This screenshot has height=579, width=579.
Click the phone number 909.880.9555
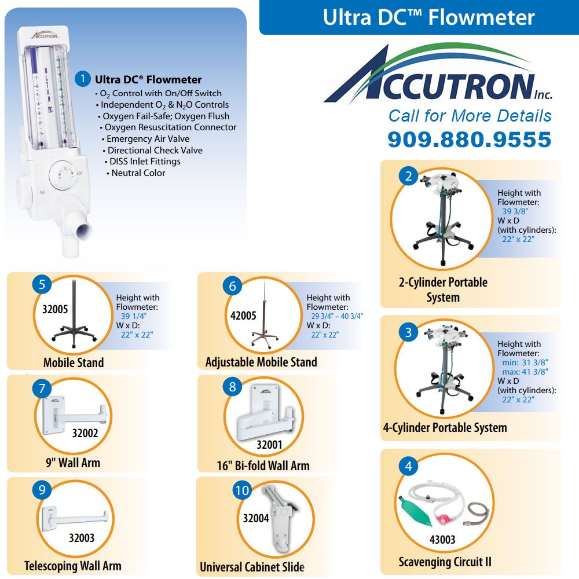[x=470, y=140]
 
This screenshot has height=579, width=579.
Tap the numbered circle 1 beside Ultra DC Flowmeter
[x=83, y=79]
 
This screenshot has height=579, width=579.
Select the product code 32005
[x=55, y=309]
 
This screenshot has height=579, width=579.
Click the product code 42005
[x=243, y=316]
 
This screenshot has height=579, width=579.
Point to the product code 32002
[x=85, y=433]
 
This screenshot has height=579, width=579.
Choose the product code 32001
[x=270, y=445]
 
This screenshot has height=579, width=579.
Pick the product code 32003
[x=82, y=538]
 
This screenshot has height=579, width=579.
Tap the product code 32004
[x=256, y=518]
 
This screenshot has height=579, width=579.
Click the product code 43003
[x=442, y=540]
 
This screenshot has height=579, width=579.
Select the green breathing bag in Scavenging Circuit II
[x=415, y=511]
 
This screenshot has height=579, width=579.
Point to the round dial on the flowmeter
[x=61, y=175]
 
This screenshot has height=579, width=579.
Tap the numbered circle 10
[x=242, y=490]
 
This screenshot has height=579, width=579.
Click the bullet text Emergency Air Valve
[x=148, y=139]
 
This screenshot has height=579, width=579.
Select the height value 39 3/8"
[x=515, y=211]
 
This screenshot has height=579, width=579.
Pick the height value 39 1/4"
[x=134, y=316]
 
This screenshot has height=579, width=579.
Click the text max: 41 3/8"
[x=525, y=372]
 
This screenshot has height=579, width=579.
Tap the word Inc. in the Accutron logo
[x=543, y=95]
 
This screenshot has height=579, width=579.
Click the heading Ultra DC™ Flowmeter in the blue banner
[x=428, y=17]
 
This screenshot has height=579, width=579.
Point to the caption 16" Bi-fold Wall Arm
[x=263, y=466]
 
